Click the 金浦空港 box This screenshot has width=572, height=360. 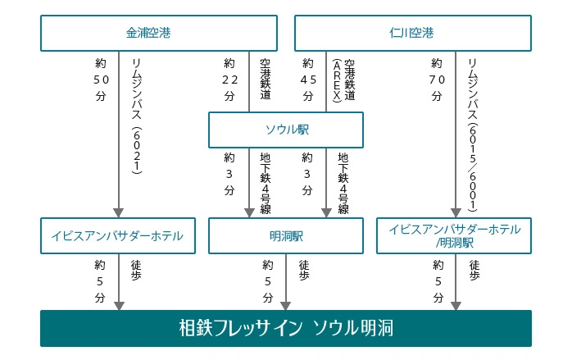159,33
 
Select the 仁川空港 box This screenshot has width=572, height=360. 413,33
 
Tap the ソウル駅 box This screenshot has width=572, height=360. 286,130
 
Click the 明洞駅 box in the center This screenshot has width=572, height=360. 286,236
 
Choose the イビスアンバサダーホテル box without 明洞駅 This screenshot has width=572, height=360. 118,236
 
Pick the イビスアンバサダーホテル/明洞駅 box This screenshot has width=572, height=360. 454,236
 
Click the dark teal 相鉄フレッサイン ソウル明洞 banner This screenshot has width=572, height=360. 286,328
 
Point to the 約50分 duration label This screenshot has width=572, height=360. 101,80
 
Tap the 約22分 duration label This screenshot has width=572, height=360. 229,80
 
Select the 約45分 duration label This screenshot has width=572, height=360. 308,80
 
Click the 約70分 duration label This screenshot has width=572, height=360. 437,80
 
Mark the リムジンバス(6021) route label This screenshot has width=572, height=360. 136,116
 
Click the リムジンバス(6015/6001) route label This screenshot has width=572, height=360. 472,134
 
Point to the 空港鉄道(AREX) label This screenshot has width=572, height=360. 343,80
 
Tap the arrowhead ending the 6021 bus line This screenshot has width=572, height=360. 119,213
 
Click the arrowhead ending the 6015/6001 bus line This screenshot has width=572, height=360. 456,213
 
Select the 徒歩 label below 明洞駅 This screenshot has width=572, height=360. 304,270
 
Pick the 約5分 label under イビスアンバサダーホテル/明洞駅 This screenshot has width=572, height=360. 438,281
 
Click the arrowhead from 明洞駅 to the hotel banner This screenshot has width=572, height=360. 286,306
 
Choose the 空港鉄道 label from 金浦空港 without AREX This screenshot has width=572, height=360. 266,80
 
